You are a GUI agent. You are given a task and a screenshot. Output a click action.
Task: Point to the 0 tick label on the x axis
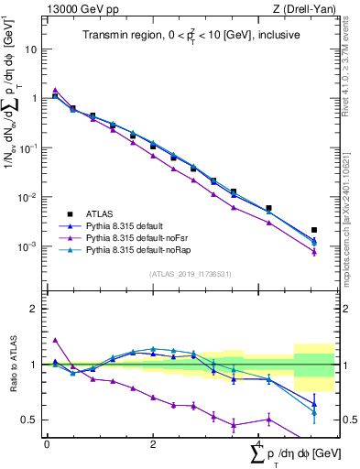coord(47,442)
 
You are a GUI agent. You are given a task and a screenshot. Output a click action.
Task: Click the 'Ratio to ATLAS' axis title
coord(12,365)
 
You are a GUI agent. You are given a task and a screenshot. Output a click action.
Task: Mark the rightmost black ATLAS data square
coord(314,230)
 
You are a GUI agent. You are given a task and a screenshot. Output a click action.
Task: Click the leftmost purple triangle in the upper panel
coord(55,90)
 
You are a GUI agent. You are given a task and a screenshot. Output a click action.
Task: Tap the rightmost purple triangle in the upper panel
coord(314,252)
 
